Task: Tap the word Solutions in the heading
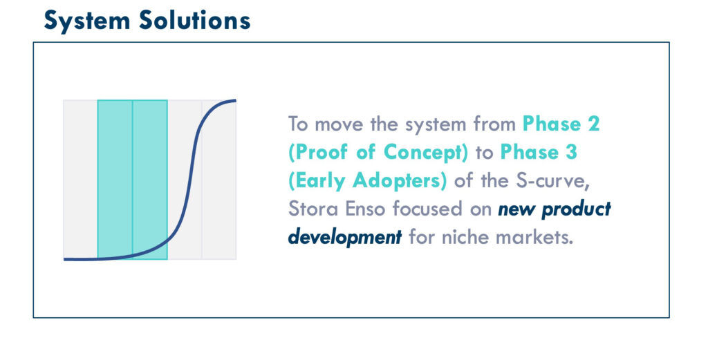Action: (194, 20)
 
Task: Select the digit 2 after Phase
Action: (594, 124)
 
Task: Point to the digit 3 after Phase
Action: (571, 152)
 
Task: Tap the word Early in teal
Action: (319, 181)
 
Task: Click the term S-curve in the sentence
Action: (552, 181)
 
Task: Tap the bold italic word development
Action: (345, 237)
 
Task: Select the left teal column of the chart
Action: (115, 180)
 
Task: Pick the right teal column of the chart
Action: (150, 180)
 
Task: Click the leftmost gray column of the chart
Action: (80, 180)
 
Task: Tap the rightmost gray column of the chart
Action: (219, 180)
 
